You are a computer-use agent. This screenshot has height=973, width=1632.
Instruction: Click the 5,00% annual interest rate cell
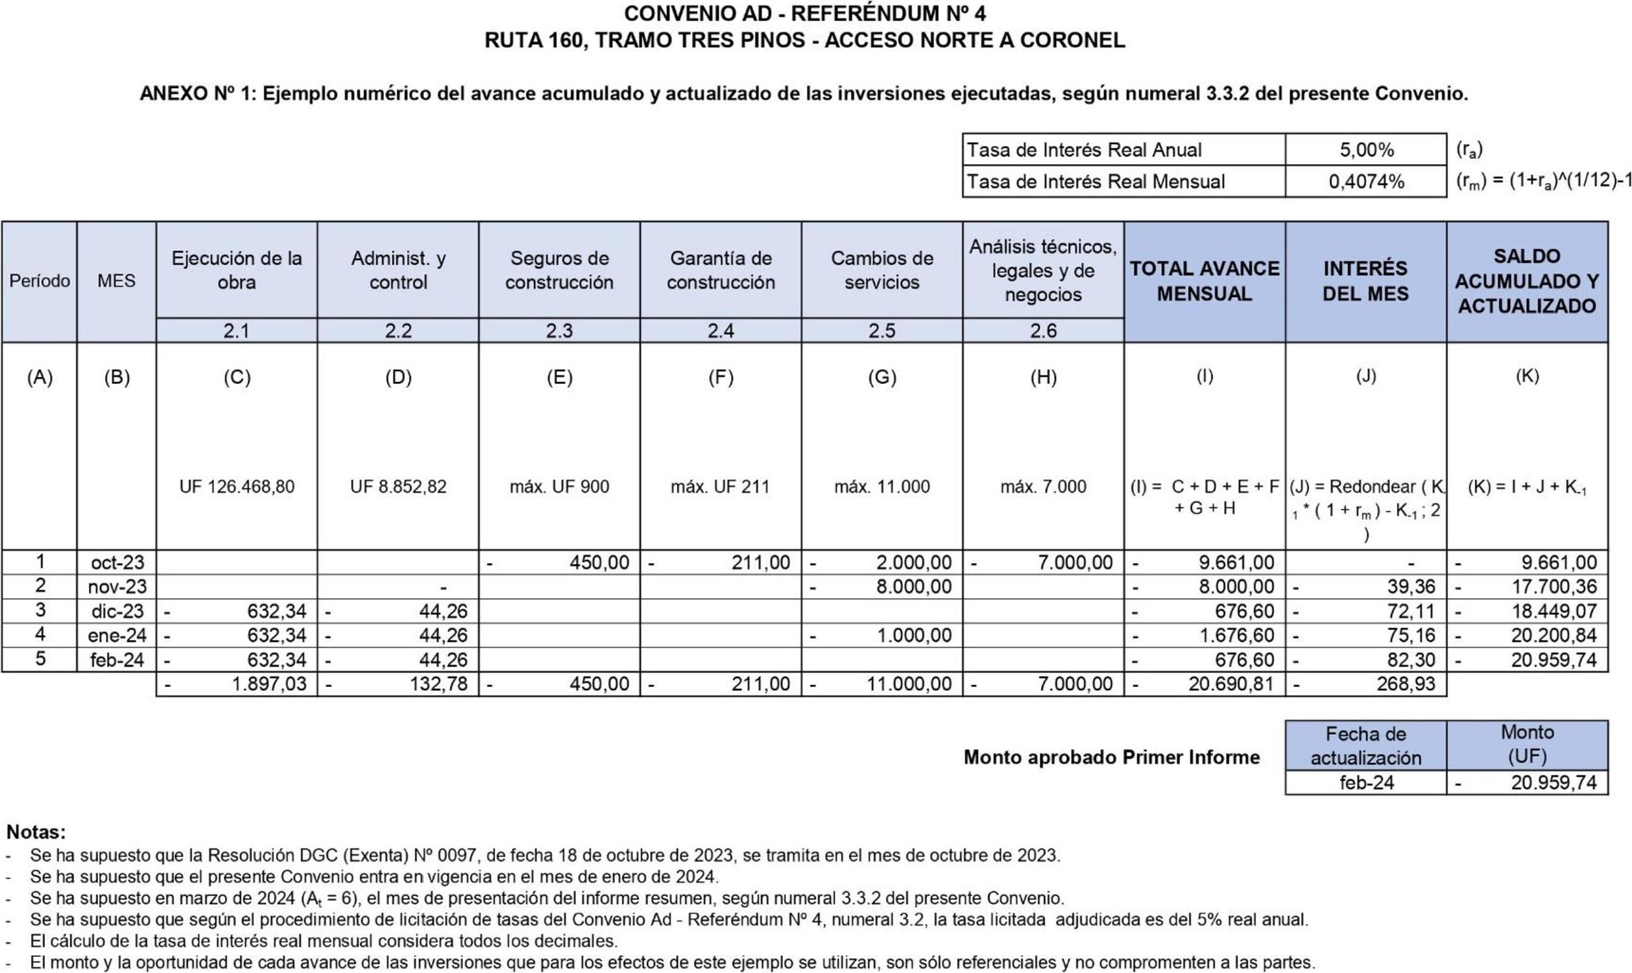point(1366,150)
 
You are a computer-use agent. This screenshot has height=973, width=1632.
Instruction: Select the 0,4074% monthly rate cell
point(1366,182)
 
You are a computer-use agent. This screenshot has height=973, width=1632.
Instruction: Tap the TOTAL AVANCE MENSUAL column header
point(1204,281)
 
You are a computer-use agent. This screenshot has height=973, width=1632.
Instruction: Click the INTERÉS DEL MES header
point(1365,281)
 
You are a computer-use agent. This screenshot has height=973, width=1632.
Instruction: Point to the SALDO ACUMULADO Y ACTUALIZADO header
point(1526,281)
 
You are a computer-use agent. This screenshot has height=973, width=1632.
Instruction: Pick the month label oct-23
point(117,562)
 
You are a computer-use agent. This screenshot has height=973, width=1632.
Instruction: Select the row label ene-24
point(117,635)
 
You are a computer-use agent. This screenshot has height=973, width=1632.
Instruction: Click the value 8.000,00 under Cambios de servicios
point(914,587)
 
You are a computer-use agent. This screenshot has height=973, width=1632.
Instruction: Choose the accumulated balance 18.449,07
point(1554,611)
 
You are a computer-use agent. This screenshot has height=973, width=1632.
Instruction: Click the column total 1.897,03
point(269,684)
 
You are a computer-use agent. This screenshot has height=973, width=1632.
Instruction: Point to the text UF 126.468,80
point(237,486)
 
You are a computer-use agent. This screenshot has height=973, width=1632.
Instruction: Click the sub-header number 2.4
point(720,331)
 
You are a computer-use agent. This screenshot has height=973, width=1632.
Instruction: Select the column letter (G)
point(882,377)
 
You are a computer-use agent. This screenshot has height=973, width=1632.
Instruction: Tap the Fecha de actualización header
point(1365,745)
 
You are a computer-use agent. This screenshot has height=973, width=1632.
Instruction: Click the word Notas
point(36,832)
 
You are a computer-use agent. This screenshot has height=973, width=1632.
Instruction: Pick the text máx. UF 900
point(559,486)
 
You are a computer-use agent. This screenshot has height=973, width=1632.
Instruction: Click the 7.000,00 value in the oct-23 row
point(1075,562)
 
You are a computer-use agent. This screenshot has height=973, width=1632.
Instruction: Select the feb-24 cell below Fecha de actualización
point(1366,783)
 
